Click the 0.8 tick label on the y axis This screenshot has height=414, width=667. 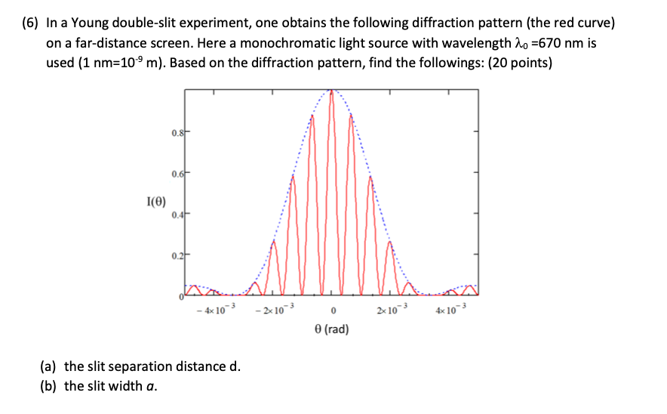174,134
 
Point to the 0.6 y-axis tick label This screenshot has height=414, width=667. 174,175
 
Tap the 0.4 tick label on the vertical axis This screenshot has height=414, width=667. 174,216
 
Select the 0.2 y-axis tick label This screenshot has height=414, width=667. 174,257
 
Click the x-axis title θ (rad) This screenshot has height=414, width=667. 332,329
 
